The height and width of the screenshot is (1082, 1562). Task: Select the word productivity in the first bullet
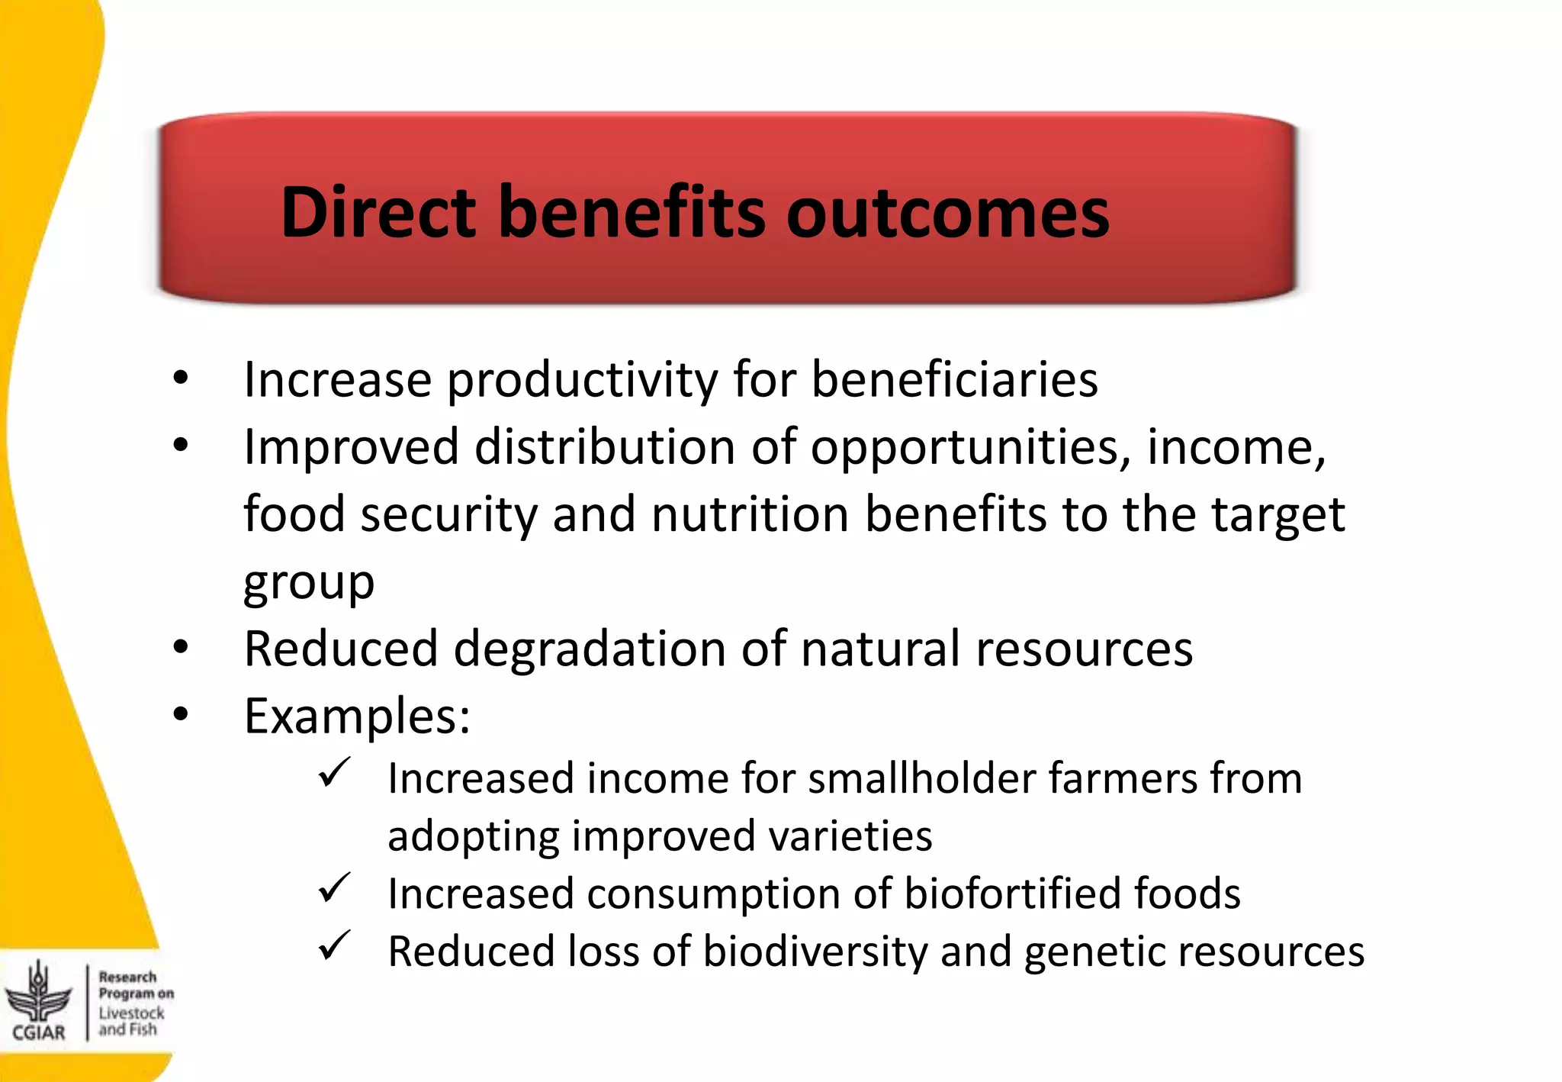click(x=582, y=380)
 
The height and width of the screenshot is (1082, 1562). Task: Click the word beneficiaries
click(x=954, y=379)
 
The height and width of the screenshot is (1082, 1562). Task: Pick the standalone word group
click(x=309, y=584)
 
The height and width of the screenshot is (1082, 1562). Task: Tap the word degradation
click(x=589, y=649)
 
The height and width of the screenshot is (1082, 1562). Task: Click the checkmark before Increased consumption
click(x=334, y=888)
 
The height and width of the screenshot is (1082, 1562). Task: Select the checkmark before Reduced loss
click(x=334, y=946)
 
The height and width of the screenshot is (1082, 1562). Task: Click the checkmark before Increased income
click(x=334, y=773)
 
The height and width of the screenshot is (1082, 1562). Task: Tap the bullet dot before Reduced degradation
click(x=181, y=649)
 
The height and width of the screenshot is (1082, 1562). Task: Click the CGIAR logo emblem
click(x=38, y=994)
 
